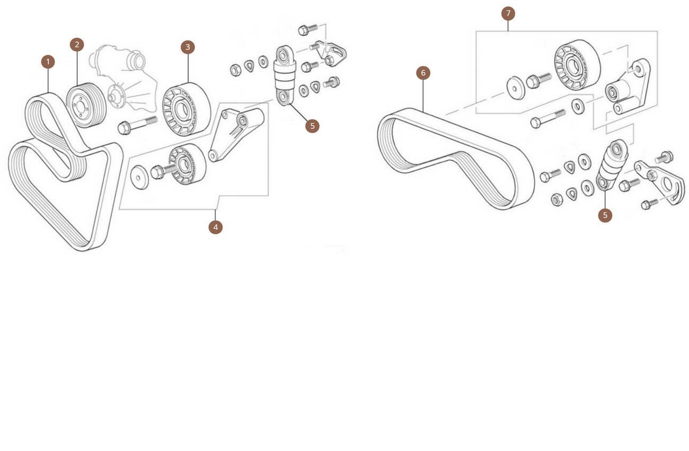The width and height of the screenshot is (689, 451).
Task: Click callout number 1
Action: (x=48, y=62)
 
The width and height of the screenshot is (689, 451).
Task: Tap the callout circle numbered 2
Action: (x=77, y=45)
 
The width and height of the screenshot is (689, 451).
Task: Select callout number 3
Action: (x=188, y=47)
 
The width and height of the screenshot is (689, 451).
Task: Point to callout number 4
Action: (x=215, y=227)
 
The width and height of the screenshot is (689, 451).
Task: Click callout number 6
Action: (x=423, y=73)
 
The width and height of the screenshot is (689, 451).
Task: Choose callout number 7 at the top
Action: (x=508, y=14)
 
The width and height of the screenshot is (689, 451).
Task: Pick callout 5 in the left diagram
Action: (x=312, y=126)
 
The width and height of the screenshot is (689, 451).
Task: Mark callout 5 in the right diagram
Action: (x=605, y=215)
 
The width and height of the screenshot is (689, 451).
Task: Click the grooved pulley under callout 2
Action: (x=86, y=105)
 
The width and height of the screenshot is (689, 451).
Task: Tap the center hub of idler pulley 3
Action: (x=182, y=109)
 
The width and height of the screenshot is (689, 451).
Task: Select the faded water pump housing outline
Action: (x=123, y=79)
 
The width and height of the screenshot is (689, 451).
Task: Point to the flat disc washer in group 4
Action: (x=139, y=178)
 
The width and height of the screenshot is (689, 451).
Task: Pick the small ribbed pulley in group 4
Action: (x=187, y=164)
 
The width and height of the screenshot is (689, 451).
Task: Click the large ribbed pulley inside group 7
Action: (x=577, y=65)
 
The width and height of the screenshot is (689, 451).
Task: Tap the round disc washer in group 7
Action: (x=516, y=89)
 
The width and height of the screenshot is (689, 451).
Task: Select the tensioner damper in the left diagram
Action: (x=285, y=75)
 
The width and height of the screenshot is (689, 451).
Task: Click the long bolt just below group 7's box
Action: (x=548, y=118)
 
